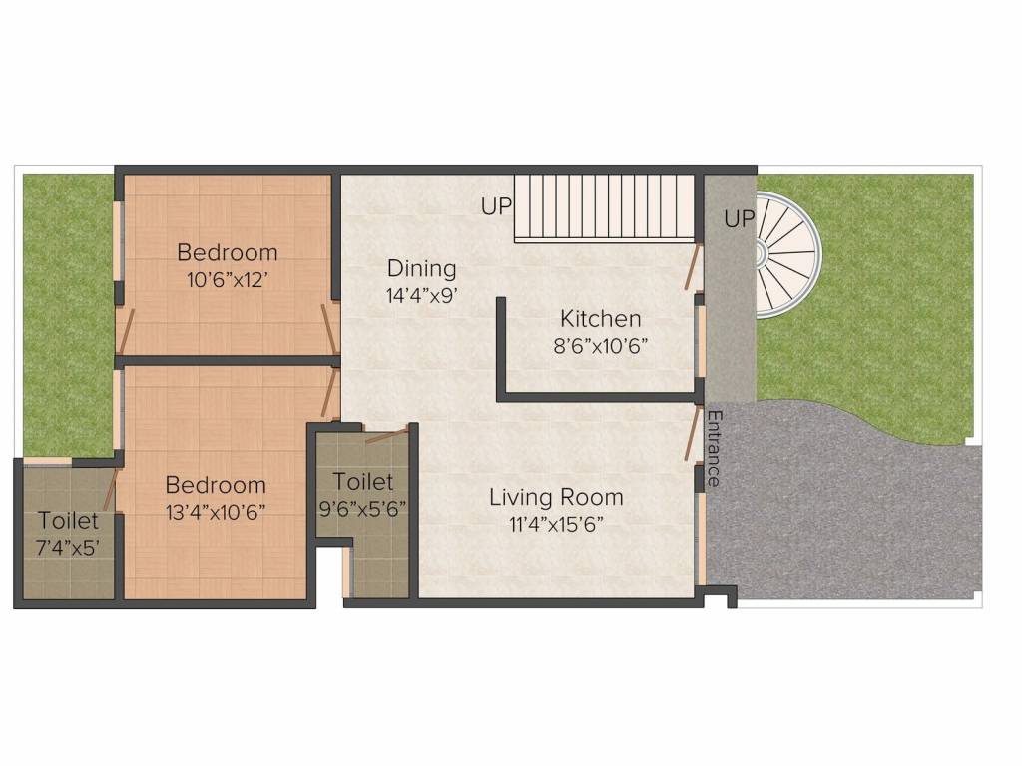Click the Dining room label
click(x=422, y=268)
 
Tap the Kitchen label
click(x=600, y=319)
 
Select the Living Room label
click(x=556, y=497)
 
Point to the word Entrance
click(x=714, y=448)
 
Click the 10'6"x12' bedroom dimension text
click(x=228, y=280)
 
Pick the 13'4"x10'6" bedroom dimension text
click(x=216, y=513)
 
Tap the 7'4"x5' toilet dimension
click(x=68, y=548)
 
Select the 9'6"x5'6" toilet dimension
click(x=363, y=508)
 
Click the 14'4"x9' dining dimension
click(x=422, y=296)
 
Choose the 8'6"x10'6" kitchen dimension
click(x=600, y=346)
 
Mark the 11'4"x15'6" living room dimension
click(x=556, y=525)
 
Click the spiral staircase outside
click(x=786, y=255)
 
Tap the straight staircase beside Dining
click(x=605, y=207)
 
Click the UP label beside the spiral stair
click(x=740, y=219)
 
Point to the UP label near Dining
click(x=497, y=206)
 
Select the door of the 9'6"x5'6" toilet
click(x=388, y=433)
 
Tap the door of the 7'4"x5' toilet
click(x=111, y=488)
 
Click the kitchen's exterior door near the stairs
click(x=694, y=266)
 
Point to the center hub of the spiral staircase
click(x=760, y=254)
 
